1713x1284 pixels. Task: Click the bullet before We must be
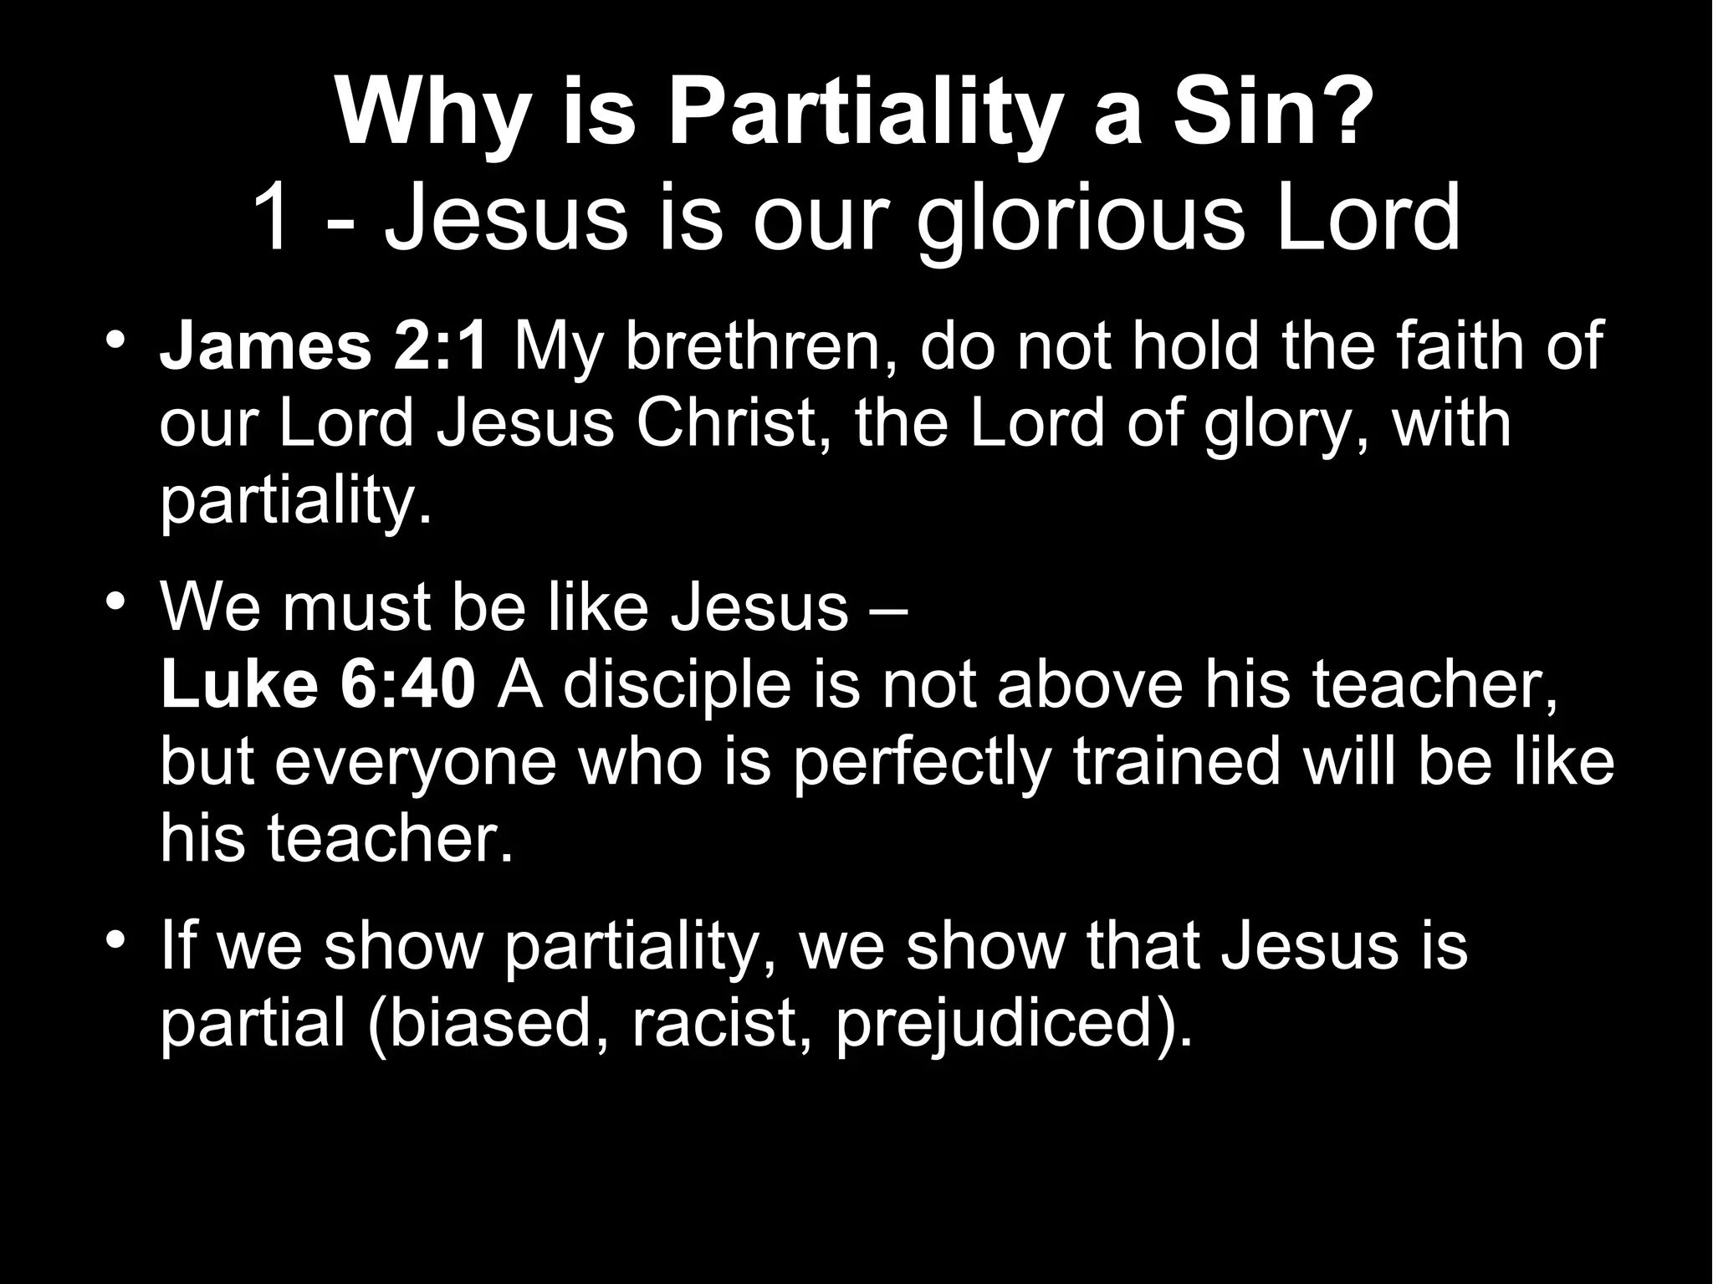click(x=116, y=602)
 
